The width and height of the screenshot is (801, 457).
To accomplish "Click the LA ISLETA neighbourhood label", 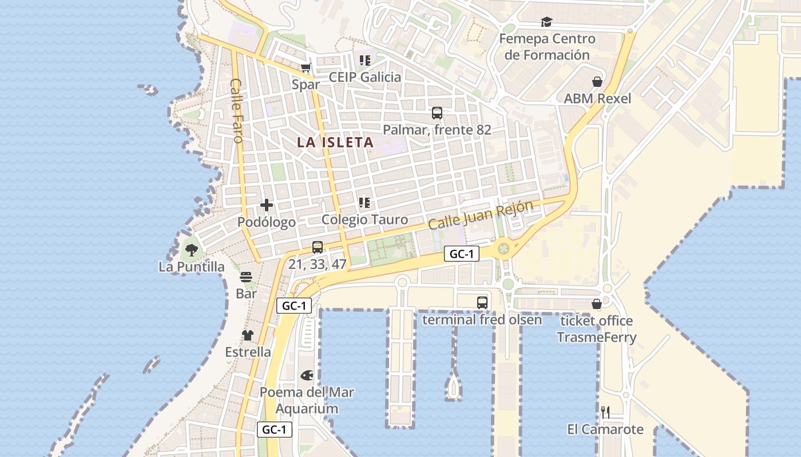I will (x=335, y=143).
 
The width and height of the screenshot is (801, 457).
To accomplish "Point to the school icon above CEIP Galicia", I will (x=364, y=60).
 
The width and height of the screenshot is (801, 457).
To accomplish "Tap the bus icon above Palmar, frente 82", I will (x=437, y=113).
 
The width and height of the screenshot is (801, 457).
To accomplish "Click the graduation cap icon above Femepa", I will (x=547, y=22).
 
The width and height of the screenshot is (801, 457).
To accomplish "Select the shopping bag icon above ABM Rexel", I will (x=597, y=82).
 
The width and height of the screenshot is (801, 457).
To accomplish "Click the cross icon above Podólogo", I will (x=267, y=205).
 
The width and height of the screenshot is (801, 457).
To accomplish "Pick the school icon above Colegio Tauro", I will (x=364, y=203).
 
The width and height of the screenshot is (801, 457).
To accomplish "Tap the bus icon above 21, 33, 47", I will (x=318, y=247).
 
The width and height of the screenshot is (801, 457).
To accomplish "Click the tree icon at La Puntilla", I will (x=191, y=250).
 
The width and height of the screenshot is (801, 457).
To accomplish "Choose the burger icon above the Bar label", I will (x=246, y=277).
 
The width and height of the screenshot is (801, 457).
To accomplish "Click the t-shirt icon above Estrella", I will (x=247, y=335).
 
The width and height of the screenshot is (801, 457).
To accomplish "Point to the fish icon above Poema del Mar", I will (x=307, y=375).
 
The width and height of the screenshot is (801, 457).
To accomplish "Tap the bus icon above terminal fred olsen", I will (x=482, y=303).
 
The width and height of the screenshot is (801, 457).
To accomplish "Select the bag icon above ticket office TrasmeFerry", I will (x=597, y=304).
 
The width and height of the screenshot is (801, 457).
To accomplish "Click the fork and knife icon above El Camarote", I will (x=605, y=412).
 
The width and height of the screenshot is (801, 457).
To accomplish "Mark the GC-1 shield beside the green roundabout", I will (x=462, y=254).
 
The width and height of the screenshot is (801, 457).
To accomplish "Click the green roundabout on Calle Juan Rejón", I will (x=503, y=248).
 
